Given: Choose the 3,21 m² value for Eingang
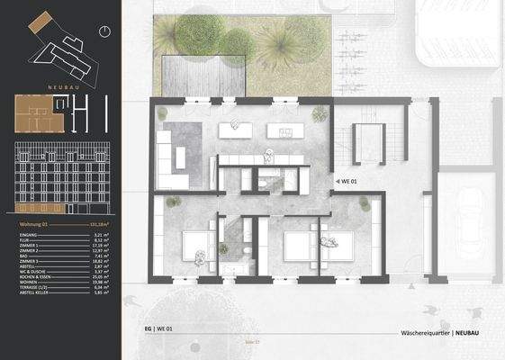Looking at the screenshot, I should tap(100, 234).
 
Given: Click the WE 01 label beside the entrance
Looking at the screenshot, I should tap(348, 181).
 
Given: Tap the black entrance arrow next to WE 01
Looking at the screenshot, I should tap(335, 181).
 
